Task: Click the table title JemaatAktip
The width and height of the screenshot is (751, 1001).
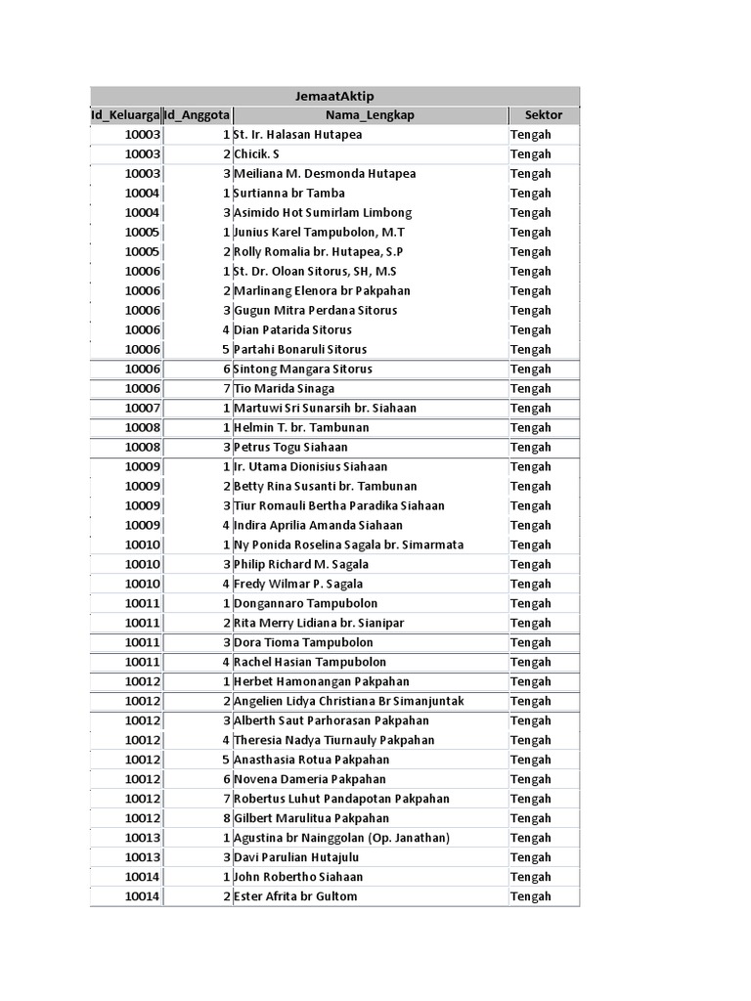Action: [x=334, y=96]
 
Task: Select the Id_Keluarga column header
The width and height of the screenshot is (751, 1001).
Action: [x=125, y=115]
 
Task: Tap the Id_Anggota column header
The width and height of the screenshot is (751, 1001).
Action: [x=198, y=115]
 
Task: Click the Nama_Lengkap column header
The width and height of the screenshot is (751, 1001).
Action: [x=370, y=115]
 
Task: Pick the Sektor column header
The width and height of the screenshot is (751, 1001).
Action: [x=543, y=115]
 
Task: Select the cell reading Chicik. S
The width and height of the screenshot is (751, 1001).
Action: [x=256, y=154]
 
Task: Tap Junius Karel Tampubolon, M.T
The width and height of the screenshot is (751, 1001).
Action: [x=319, y=233]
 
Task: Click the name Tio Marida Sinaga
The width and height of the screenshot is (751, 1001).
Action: [x=284, y=389]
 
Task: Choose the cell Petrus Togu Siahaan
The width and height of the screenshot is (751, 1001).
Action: [x=290, y=448]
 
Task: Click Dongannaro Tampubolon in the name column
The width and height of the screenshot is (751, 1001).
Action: [x=305, y=604]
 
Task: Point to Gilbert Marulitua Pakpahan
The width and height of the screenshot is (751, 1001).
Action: [x=311, y=819]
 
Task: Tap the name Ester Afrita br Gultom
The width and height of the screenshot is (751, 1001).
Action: [x=295, y=897]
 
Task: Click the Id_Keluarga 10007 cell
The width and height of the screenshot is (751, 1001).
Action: [x=142, y=409]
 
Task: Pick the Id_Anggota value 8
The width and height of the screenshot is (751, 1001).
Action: [x=225, y=819]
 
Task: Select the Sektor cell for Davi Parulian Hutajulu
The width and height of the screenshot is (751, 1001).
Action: [x=531, y=858]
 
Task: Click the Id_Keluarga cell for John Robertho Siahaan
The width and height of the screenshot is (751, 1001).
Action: [x=142, y=878]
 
